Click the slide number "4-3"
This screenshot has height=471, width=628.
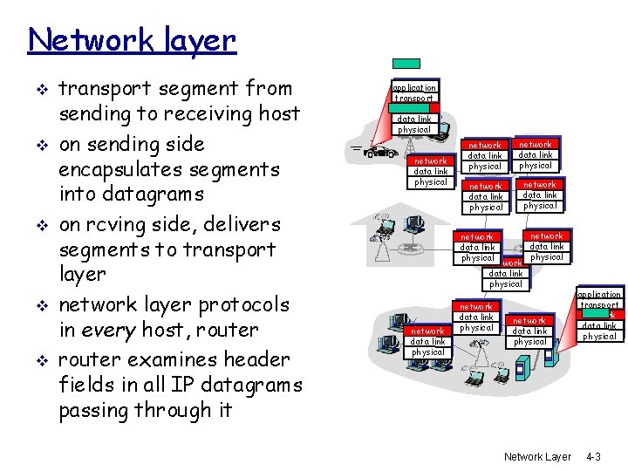(x=593, y=456)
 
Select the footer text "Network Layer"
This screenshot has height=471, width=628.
(x=537, y=456)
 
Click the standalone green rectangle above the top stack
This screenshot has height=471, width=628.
(x=406, y=63)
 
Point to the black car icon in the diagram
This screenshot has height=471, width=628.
(x=378, y=153)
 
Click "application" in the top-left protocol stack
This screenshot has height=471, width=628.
(x=414, y=88)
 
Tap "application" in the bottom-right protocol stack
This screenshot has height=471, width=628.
(x=599, y=295)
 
